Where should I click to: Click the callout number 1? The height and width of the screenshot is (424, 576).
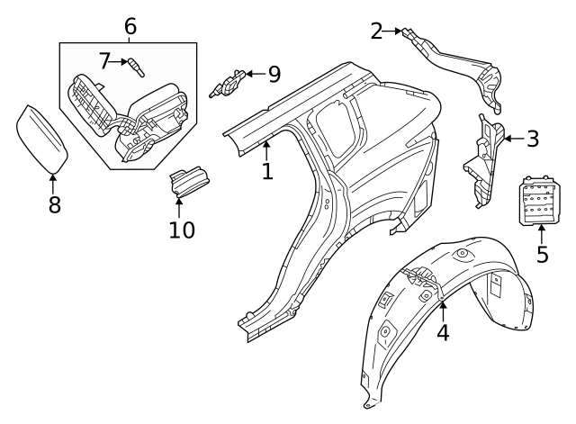point(267,170)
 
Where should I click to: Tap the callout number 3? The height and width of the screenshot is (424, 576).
point(533,139)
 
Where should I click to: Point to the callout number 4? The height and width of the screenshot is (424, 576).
point(443,332)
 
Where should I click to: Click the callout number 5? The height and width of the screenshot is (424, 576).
point(542,254)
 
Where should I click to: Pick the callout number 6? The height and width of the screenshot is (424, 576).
point(130,26)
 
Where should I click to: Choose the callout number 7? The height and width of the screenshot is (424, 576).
point(105,61)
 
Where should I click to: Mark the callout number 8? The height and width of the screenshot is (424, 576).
point(54,204)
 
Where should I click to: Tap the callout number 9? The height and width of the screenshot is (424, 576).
point(274,73)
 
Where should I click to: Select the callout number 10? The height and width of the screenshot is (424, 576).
point(181,230)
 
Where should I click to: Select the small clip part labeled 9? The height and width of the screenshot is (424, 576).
point(229,83)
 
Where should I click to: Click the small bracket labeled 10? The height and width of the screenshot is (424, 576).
point(188,180)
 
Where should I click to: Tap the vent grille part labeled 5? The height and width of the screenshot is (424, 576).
point(540,198)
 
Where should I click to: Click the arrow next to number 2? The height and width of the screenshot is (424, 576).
point(394,32)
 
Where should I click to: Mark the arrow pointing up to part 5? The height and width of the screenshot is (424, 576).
point(541,232)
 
